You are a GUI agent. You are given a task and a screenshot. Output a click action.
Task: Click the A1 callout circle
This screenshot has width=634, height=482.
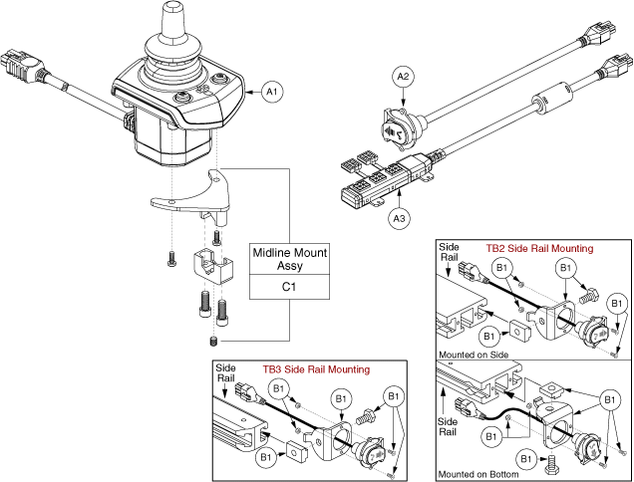tap(270, 93)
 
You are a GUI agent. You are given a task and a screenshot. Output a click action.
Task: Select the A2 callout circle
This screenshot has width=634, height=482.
tap(403, 76)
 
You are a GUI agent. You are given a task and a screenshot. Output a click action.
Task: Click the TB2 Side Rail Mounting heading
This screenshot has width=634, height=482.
tap(538, 248)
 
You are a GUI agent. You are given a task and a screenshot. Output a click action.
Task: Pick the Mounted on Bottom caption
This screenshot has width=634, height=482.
tap(478, 474)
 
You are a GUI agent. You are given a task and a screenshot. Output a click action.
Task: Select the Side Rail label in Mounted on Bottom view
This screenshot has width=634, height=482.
tap(452, 422)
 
